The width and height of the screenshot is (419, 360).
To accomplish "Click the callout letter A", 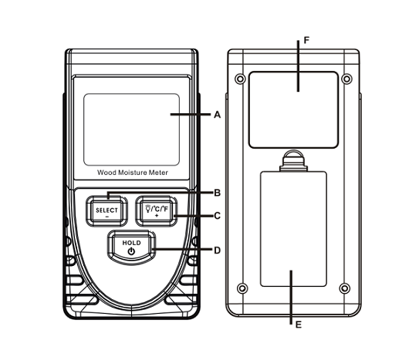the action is pyautogui.click(x=218, y=115).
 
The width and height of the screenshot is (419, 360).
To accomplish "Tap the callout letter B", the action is pyautogui.click(x=218, y=193).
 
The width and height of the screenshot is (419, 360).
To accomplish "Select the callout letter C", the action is pyautogui.click(x=218, y=216).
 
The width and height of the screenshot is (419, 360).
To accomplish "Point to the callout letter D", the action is pyautogui.click(x=218, y=251).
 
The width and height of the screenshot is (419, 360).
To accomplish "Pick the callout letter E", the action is pyautogui.click(x=298, y=325).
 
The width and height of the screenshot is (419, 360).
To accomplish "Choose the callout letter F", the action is pyautogui.click(x=306, y=40).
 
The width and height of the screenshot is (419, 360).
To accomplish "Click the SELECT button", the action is pyautogui.click(x=107, y=211).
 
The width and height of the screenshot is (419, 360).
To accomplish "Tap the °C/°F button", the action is pyautogui.click(x=157, y=211).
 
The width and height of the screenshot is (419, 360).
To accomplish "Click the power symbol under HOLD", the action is pyautogui.click(x=131, y=251).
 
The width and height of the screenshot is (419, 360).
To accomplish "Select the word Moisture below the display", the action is pyautogui.click(x=133, y=173).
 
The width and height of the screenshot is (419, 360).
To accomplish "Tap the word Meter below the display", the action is pyautogui.click(x=158, y=173).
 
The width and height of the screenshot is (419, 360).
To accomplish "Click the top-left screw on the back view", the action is pyautogui.click(x=240, y=79).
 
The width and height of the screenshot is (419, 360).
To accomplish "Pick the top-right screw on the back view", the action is pyautogui.click(x=346, y=79).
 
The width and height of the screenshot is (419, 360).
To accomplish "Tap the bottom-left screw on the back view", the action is pyautogui.click(x=242, y=288).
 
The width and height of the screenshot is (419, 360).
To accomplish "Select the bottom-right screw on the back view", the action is pyautogui.click(x=344, y=288).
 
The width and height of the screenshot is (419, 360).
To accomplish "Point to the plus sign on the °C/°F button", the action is pyautogui.click(x=157, y=216).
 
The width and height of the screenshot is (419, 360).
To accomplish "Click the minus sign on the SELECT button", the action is pyautogui.click(x=107, y=217).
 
